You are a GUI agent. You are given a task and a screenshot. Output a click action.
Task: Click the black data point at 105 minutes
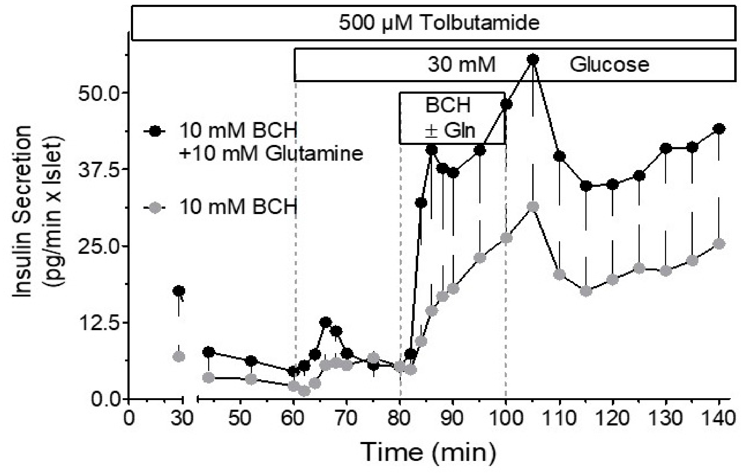tap(533, 60)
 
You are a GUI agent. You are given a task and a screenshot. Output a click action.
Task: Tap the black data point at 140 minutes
tap(719, 129)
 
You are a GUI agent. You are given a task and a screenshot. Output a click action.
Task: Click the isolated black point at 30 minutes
tap(179, 291)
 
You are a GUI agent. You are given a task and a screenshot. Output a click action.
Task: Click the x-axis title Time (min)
tap(429, 452)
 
